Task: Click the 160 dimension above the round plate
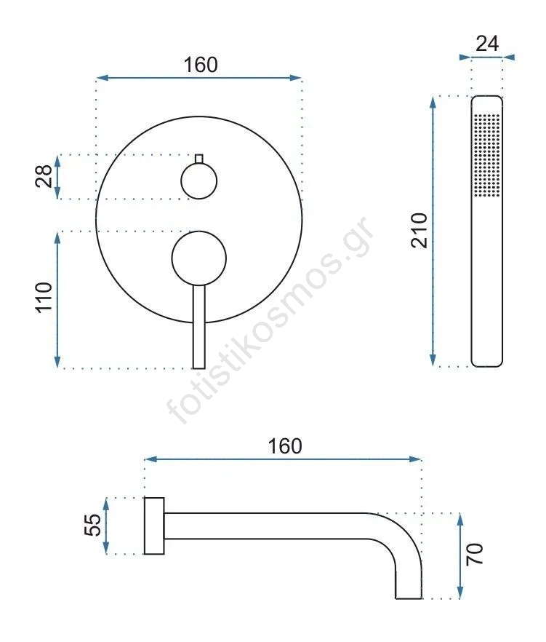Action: (201, 65)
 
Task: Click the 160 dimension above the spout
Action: (285, 446)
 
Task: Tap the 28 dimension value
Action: (44, 176)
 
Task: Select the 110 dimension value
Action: (44, 297)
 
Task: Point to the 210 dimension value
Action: (419, 230)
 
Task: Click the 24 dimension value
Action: (487, 44)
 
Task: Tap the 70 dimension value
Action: (475, 555)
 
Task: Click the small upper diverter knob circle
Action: (198, 181)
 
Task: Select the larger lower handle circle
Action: (198, 258)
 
